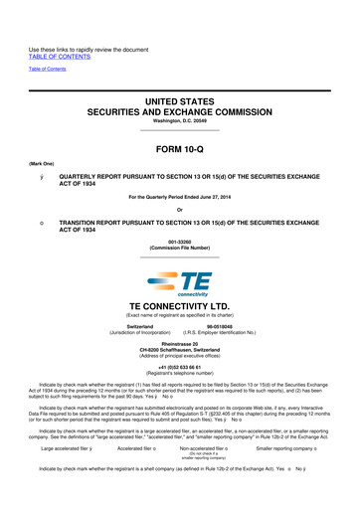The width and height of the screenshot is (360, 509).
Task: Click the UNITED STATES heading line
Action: tap(180, 90)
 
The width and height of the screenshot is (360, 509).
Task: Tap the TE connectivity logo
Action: tap(180, 283)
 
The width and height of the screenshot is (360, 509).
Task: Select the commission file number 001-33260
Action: tap(180, 240)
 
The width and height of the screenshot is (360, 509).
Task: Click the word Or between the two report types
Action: tap(180, 208)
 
